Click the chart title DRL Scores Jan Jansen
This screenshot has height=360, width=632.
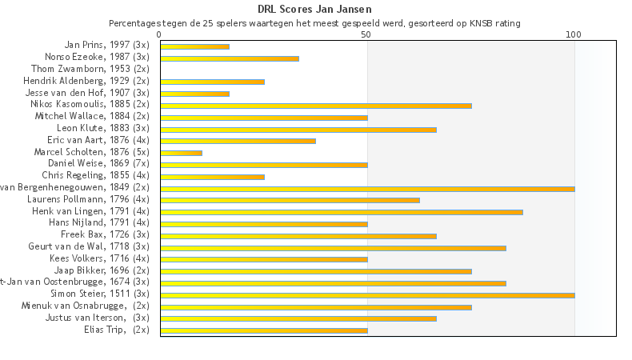tap(315, 10)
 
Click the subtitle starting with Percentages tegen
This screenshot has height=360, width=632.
tap(315, 23)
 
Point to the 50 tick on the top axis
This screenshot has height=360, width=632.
tap(366, 35)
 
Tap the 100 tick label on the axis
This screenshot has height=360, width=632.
tap(574, 35)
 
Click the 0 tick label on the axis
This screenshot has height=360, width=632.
tap(160, 35)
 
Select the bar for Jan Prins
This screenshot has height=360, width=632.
tap(194, 46)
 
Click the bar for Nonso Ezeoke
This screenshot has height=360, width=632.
tap(230, 58)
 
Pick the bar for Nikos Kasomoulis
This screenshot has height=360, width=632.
tap(316, 106)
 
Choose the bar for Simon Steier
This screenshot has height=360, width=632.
tap(367, 295)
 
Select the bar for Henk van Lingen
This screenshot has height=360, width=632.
tap(342, 212)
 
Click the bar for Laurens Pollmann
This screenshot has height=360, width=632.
tap(290, 200)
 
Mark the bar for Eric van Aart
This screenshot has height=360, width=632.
tap(238, 141)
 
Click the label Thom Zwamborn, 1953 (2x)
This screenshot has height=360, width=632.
tap(90, 69)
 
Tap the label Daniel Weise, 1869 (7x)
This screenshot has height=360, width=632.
tap(98, 163)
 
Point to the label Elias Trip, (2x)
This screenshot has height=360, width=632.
tap(116, 329)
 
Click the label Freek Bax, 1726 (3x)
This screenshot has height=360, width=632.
tap(105, 234)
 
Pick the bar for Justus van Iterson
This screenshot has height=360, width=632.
tap(298, 318)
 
